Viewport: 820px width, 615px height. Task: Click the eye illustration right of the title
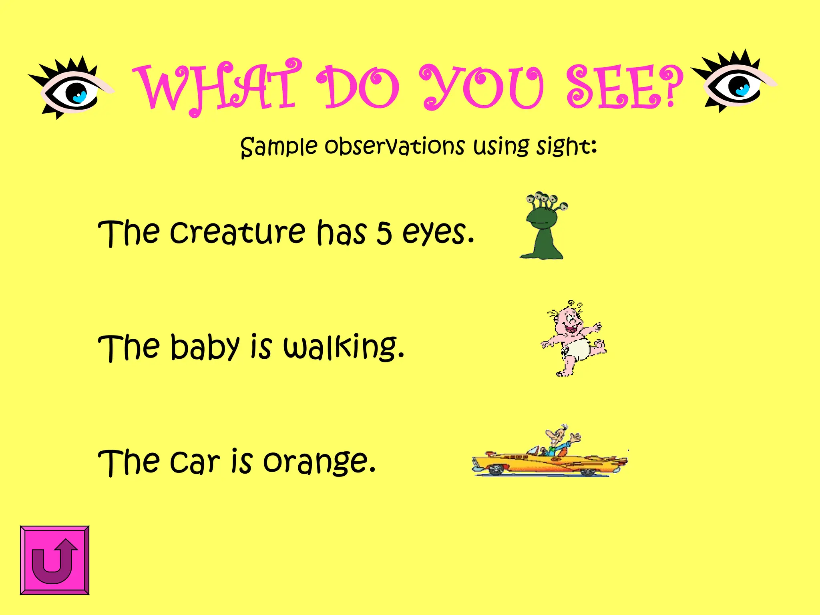(x=734, y=82)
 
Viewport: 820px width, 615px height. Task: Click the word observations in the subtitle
(x=394, y=146)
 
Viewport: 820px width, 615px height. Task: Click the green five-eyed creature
(x=543, y=226)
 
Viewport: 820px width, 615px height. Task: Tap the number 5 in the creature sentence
(x=384, y=233)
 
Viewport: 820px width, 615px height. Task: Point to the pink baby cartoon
(x=573, y=338)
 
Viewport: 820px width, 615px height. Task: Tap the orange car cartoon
(x=549, y=460)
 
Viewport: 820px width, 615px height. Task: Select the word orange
(x=319, y=462)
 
